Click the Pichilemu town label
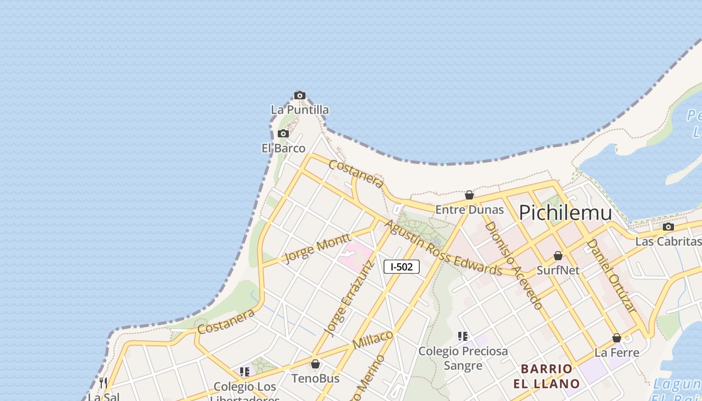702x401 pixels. (565, 213)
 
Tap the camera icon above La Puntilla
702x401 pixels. (300, 95)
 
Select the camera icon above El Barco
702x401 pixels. (283, 134)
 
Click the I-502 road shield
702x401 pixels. (401, 267)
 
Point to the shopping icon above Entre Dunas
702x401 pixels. (469, 195)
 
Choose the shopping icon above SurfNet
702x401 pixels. (558, 256)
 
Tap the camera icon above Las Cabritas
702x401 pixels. (668, 227)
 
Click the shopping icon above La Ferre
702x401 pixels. (617, 338)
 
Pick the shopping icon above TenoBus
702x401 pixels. (315, 364)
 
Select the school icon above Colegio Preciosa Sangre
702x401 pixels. (463, 336)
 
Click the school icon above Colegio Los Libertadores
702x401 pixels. (245, 372)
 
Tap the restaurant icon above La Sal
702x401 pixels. (103, 383)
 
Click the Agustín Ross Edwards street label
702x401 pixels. (443, 248)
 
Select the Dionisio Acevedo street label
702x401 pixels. (514, 265)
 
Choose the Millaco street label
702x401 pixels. (373, 340)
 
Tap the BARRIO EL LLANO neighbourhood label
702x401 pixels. (547, 376)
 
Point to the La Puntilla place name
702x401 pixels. (300, 109)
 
